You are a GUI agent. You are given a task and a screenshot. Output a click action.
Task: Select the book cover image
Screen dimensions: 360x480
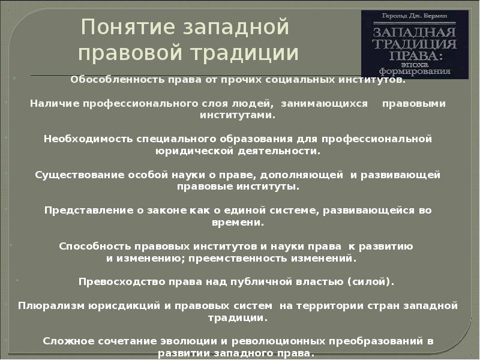pyautogui.click(x=415, y=43)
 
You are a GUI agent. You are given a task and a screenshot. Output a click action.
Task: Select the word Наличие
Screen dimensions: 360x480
pyautogui.click(x=50, y=103)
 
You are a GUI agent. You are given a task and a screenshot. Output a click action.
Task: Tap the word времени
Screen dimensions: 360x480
pyautogui.click(x=237, y=222)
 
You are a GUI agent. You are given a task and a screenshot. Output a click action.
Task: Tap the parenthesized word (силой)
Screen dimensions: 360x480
pyautogui.click(x=374, y=281)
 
